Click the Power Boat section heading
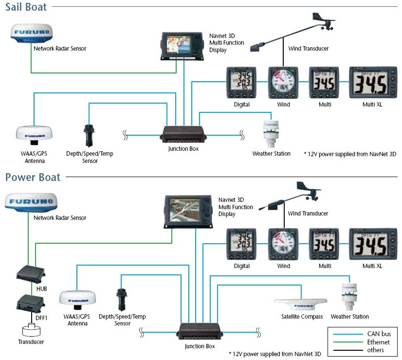tap(33, 177)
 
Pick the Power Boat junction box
tap(200, 332)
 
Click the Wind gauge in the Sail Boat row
tap(283, 83)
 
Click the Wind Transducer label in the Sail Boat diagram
tap(308, 49)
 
